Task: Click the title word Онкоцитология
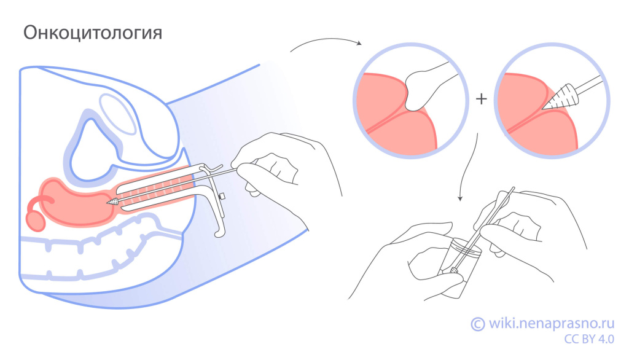click(93, 33)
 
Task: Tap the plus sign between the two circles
click(481, 98)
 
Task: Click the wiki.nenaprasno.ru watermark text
click(550, 323)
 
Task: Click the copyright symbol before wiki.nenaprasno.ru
click(477, 324)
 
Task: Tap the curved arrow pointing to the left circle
click(326, 43)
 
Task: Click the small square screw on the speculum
click(222, 197)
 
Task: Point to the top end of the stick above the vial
click(512, 189)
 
